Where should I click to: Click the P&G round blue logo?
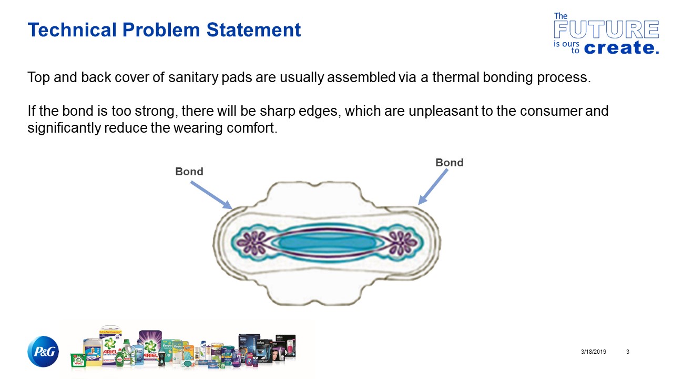point(43,352)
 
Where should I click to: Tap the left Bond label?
point(189,172)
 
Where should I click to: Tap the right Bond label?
point(449,163)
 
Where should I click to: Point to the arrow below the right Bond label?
point(433,187)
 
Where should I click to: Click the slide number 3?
point(628,352)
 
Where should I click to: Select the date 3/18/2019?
point(594,352)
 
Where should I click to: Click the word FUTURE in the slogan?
point(606,30)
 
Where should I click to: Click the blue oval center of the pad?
point(326,243)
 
